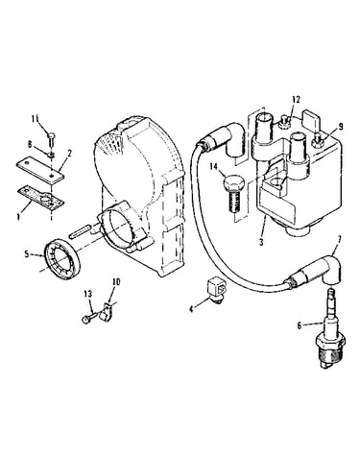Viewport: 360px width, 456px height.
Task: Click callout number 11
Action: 36,118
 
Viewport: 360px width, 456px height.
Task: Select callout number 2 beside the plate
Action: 69,153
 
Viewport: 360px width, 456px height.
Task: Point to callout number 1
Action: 19,217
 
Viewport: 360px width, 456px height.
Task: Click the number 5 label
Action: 27,254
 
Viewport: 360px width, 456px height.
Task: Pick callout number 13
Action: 88,293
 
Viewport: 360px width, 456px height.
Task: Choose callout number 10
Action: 116,282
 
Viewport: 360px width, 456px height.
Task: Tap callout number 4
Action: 191,309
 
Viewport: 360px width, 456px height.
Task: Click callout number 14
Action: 214,166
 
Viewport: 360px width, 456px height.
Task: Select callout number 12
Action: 297,99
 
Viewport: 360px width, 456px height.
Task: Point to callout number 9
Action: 340,127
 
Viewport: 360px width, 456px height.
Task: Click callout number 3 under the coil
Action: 261,242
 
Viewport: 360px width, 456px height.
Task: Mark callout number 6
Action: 300,325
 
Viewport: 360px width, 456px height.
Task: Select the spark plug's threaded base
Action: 329,355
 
